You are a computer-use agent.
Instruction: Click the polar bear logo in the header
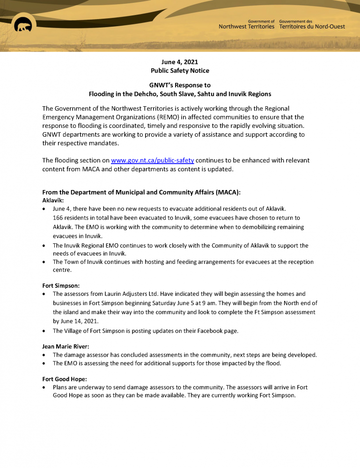coord(22,27)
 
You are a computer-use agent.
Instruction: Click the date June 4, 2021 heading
coord(180,62)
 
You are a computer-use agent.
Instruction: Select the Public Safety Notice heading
coord(180,71)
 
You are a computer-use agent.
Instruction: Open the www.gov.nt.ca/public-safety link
coord(152,161)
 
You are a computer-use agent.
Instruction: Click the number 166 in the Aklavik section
coord(58,218)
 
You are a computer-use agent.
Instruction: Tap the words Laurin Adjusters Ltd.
coord(132,294)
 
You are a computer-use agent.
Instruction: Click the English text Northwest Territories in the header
coord(246,27)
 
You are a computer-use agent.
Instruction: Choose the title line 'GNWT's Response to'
coord(180,85)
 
